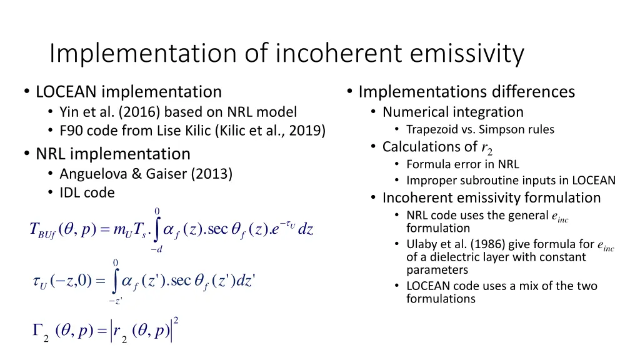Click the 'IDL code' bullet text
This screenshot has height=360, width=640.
[x=87, y=192]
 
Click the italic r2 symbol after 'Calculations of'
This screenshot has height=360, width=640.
[x=486, y=148]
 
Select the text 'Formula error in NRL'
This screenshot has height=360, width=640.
[x=462, y=164]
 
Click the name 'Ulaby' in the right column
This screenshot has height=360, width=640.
[x=422, y=243]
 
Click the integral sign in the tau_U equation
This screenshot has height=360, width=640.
[x=115, y=280]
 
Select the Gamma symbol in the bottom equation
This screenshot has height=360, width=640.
[x=38, y=331]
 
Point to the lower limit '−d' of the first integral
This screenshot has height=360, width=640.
[x=156, y=249]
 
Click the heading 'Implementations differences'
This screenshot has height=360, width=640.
[x=466, y=92]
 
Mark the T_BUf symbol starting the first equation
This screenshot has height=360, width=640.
[x=42, y=230]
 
